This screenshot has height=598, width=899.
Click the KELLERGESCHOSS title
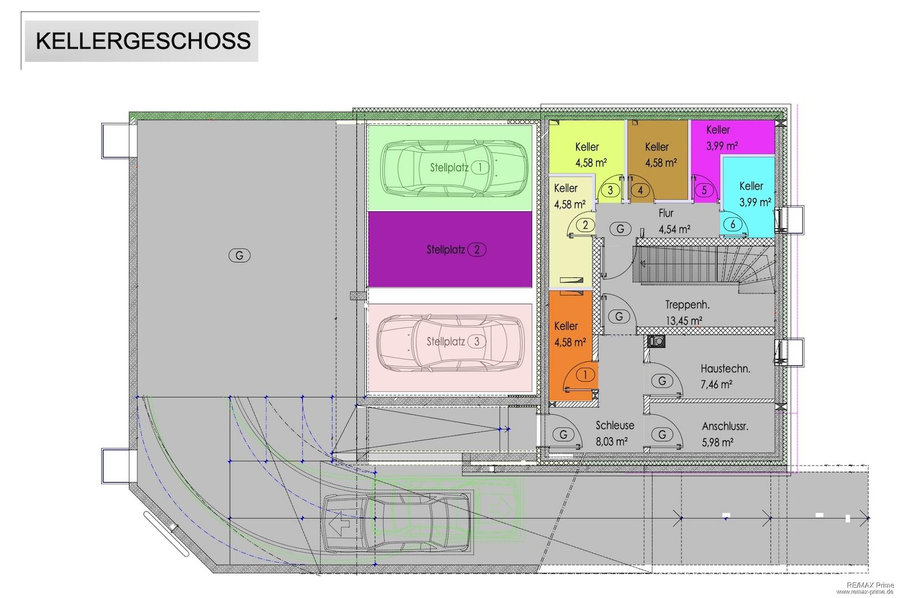point(143,41)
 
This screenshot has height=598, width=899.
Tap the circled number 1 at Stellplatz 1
point(480,167)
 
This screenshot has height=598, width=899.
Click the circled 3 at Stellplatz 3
point(477,342)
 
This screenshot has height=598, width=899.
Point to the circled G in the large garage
point(240,255)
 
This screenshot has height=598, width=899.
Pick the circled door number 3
point(610,190)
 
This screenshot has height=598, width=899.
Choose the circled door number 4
point(640,190)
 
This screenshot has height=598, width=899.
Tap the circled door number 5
point(704,190)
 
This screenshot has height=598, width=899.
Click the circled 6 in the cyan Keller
point(733,224)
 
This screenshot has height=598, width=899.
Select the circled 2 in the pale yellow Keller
point(585,225)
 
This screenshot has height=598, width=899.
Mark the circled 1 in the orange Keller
point(585,375)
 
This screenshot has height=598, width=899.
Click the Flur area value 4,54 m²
point(674,229)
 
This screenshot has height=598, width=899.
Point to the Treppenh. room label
point(687,305)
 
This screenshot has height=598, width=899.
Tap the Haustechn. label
point(725,368)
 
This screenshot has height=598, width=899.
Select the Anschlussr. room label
point(725,426)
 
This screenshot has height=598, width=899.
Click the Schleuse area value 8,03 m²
point(611,441)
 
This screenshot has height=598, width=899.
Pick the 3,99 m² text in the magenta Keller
point(722,145)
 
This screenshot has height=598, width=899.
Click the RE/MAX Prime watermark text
point(870,585)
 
